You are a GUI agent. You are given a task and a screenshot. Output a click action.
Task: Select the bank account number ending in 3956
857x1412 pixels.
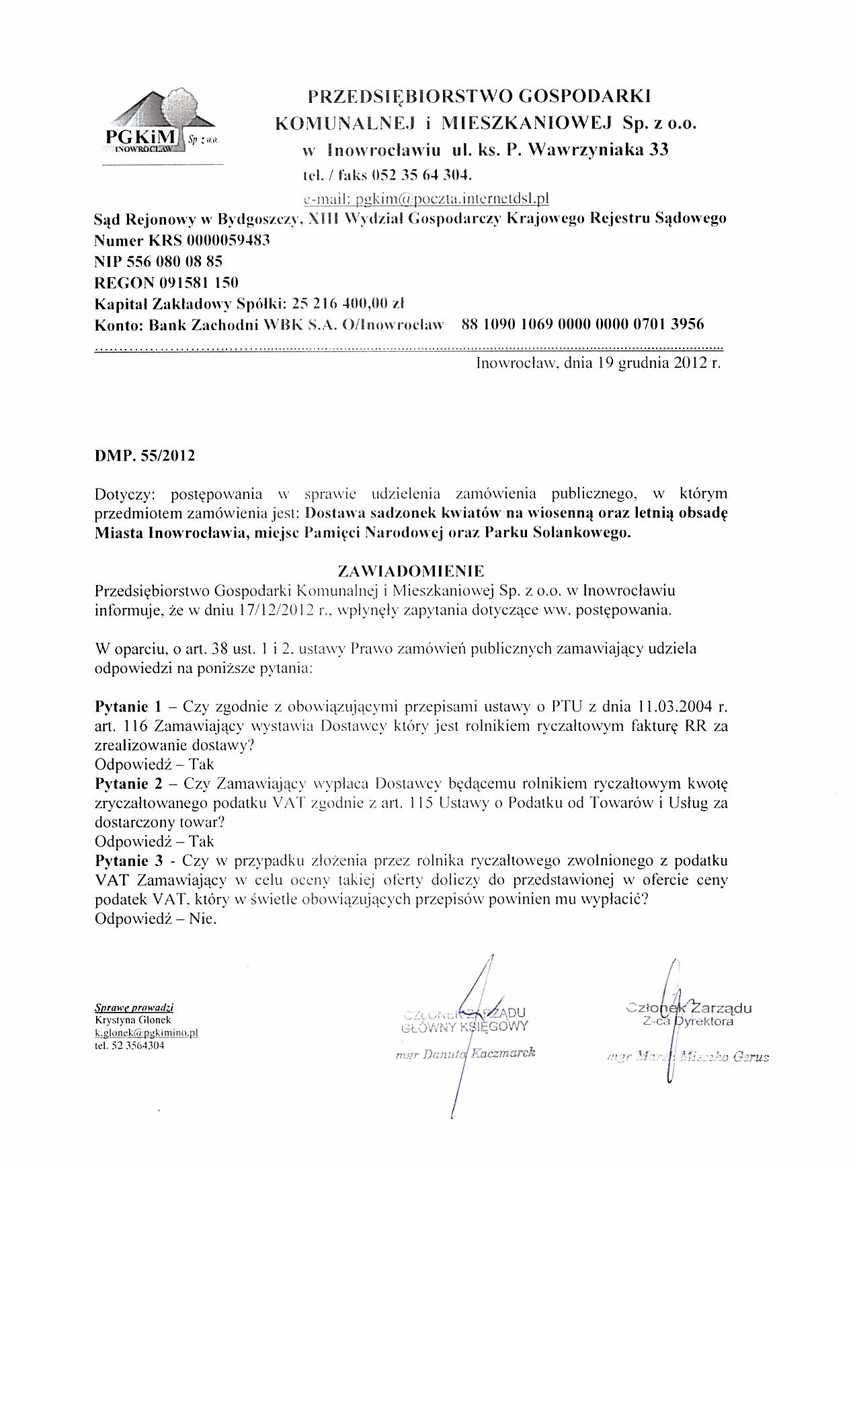pos(583,324)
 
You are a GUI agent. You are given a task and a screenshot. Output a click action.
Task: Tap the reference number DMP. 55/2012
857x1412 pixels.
pos(145,456)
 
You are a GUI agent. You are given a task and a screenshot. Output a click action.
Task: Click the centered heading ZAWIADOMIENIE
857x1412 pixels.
pos(410,572)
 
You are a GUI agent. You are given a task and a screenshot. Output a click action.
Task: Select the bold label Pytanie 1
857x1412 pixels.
pos(128,707)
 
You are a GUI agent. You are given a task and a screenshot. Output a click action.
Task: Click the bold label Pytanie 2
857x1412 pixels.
pos(128,783)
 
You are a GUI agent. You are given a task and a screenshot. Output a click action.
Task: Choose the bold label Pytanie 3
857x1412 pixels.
pos(128,861)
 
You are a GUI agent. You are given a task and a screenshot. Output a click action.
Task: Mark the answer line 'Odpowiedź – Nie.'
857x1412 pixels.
pos(156,919)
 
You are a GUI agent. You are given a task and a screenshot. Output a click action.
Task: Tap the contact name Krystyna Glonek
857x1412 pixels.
pos(125,1019)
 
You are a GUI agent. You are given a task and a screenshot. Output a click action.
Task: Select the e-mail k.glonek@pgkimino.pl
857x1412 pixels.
pos(146,1033)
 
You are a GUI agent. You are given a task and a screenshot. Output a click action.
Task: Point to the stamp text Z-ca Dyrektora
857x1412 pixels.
pos(688,1021)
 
